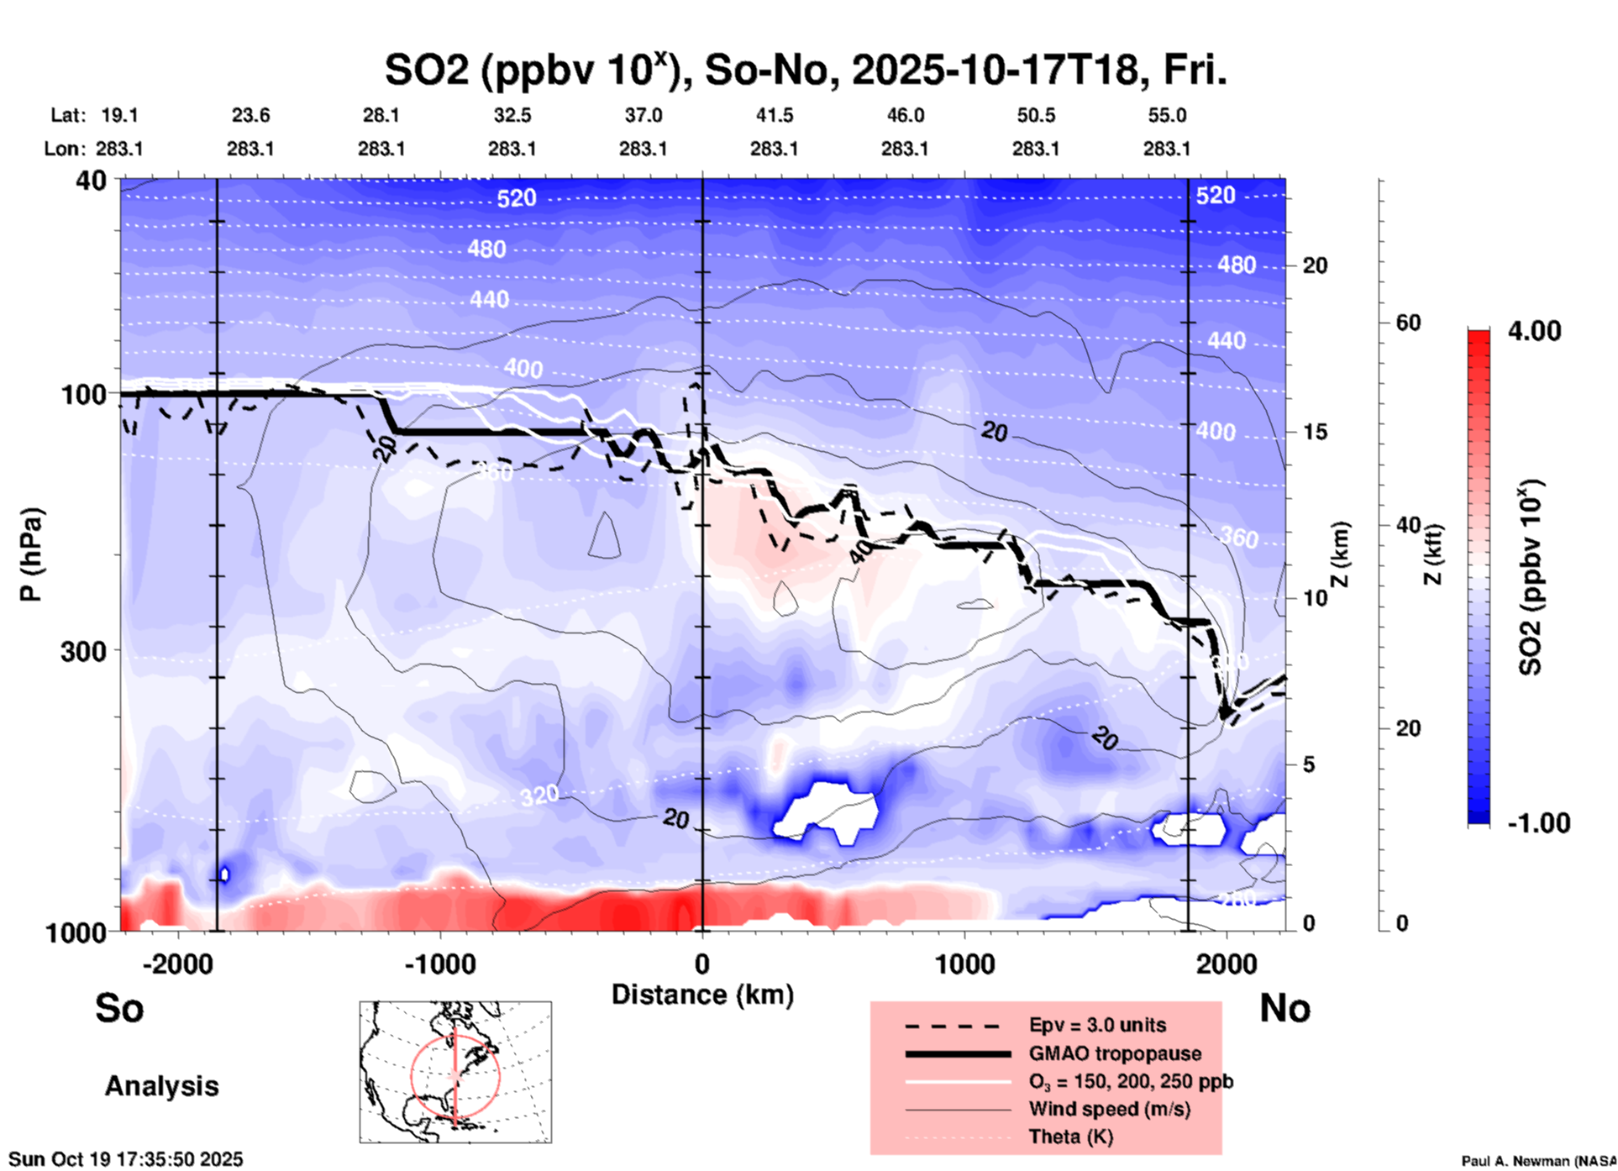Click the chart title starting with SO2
tap(806, 70)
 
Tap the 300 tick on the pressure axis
tap(83, 651)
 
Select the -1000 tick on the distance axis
tap(439, 964)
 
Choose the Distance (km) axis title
tap(702, 995)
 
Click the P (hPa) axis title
tap(31, 554)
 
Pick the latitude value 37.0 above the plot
tap(643, 115)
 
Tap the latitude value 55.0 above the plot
tap(1167, 115)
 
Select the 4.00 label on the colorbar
tap(1534, 331)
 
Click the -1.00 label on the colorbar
tap(1538, 823)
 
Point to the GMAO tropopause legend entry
tap(1115, 1053)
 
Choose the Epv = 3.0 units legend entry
tap(1097, 1025)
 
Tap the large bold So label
tap(119, 1008)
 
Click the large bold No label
tap(1284, 1008)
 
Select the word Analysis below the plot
tap(161, 1086)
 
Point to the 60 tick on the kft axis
tap(1408, 323)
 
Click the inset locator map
tap(455, 1072)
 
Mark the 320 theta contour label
tap(538, 795)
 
